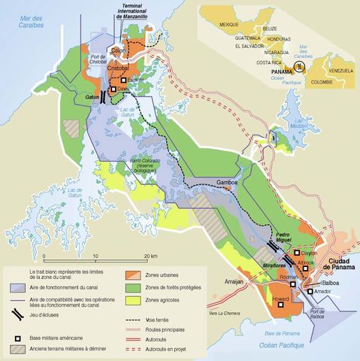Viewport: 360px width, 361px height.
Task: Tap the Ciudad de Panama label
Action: (334, 265)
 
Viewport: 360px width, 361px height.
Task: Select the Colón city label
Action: (117, 50)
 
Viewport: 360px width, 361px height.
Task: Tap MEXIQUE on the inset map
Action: (228, 24)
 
